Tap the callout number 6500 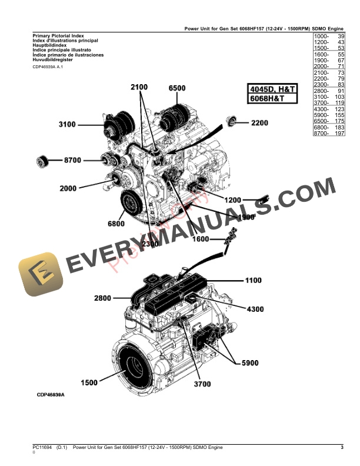point(176,88)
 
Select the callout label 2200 point(259,123)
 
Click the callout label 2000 point(68,189)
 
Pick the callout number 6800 point(116,224)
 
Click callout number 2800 point(102,299)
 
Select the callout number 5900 point(250,363)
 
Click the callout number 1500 point(89,383)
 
